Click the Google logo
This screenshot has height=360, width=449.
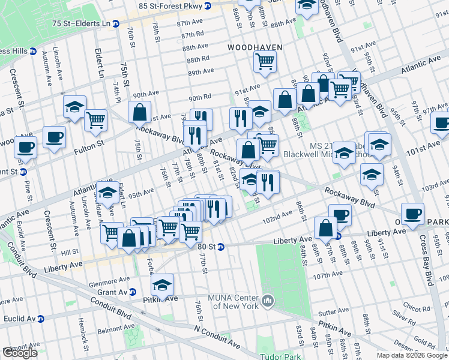tap(20, 353)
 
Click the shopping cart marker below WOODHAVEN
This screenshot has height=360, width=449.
tap(265, 61)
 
